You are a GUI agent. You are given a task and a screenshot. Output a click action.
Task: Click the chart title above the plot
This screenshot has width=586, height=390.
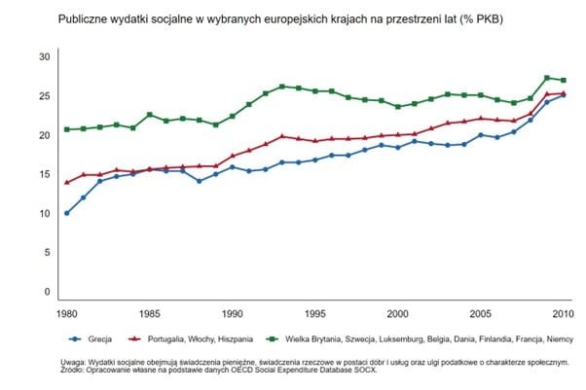(286, 18)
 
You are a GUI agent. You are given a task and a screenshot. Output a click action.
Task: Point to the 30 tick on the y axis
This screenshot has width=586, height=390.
(43, 56)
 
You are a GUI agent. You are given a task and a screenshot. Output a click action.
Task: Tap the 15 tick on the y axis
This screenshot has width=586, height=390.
(43, 174)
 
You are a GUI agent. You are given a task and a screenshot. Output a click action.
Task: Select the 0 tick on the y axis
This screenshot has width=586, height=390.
(46, 292)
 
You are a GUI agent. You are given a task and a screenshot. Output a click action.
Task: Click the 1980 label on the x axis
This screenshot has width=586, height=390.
(66, 315)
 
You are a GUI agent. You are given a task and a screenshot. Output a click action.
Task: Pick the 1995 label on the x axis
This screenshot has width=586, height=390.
(315, 315)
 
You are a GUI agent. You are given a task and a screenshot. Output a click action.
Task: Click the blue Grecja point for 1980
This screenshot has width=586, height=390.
(66, 213)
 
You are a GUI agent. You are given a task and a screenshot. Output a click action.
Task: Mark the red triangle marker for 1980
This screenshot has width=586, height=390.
(66, 182)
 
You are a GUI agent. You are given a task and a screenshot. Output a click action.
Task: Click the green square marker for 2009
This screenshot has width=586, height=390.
(547, 78)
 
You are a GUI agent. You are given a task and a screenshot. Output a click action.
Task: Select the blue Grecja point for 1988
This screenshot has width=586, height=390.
(199, 181)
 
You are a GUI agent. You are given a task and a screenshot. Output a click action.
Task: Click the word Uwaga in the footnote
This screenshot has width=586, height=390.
(73, 361)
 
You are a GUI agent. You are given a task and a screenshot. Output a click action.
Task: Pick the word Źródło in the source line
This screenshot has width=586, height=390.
(73, 370)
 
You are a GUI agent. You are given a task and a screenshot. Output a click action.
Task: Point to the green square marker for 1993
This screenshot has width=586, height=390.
(281, 87)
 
